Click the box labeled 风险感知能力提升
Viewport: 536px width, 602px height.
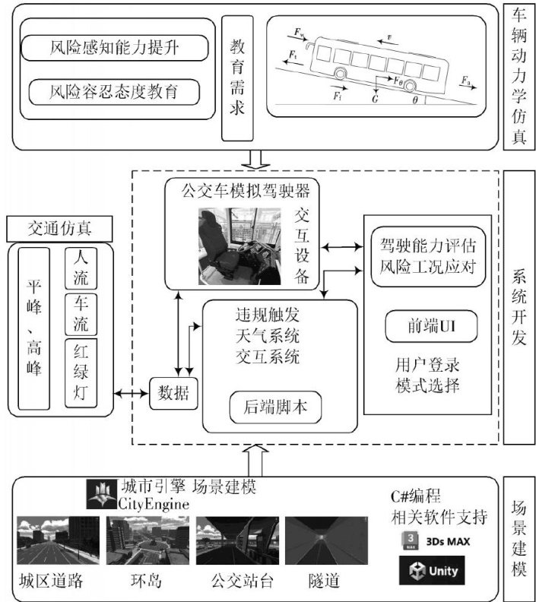pos(115,49)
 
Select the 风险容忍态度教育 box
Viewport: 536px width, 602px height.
pos(115,93)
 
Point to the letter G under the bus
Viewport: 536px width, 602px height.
pos(375,98)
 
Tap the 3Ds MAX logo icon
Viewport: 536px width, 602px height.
pos(408,540)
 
